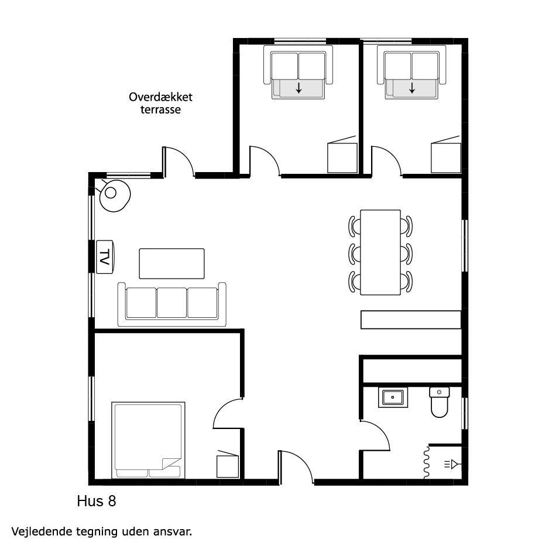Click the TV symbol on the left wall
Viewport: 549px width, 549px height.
104,256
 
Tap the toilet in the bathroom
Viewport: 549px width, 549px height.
439,402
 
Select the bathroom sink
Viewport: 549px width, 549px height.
393,397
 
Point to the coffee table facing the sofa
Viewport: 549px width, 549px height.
171,263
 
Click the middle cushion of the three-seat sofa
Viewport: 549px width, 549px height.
171,303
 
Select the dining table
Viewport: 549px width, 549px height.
380,252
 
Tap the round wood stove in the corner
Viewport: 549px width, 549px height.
115,195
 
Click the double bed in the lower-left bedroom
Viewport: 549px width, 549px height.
148,440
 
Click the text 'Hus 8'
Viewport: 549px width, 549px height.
97,501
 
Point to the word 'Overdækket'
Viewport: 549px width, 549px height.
160,97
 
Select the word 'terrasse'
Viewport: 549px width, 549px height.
161,109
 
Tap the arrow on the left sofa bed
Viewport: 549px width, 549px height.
298,88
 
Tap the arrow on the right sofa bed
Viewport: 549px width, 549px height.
412,88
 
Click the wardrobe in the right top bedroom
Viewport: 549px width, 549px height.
446,157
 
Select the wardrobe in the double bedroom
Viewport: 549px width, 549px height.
228,466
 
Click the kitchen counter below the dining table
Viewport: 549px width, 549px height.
411,320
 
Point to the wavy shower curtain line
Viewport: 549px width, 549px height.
427,462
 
